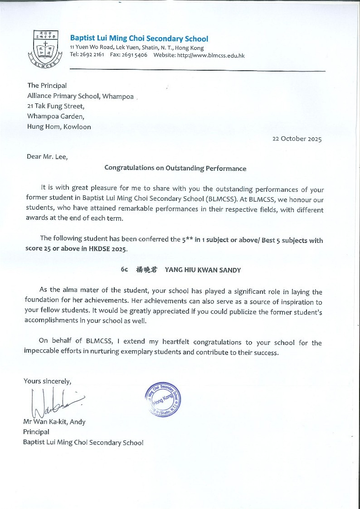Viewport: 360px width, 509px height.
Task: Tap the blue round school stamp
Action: [163, 399]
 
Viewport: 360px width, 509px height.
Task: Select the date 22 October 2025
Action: [297, 139]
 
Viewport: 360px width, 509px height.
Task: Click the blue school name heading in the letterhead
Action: [139, 39]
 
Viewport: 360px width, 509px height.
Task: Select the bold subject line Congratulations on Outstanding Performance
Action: [175, 168]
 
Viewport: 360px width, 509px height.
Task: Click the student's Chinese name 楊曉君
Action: [146, 270]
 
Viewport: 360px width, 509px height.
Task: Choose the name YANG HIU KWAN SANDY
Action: [203, 270]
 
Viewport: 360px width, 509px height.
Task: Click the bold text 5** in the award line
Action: [188, 240]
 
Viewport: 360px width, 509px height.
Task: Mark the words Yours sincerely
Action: [47, 381]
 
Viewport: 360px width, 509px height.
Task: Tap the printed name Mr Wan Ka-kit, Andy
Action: [54, 422]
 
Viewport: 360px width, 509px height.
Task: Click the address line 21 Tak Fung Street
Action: [56, 106]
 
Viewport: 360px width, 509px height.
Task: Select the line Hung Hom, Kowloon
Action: [59, 127]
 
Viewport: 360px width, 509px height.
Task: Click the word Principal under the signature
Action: [36, 432]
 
